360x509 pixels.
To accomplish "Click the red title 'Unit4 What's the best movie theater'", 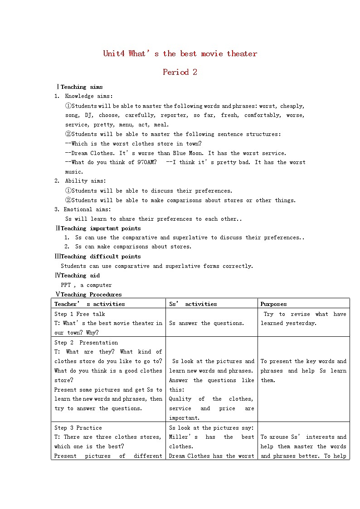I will click(x=180, y=53).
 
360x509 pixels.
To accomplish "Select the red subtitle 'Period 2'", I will click(x=180, y=72).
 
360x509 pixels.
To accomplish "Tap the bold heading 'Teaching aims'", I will click(x=82, y=87).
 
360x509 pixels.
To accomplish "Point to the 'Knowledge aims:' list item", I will click(x=89, y=96).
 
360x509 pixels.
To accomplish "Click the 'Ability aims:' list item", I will click(x=85, y=181).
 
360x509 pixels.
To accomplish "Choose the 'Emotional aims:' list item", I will click(x=87, y=209).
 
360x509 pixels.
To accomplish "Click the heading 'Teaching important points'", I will click(x=101, y=228).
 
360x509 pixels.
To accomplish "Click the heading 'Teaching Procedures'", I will click(x=91, y=295).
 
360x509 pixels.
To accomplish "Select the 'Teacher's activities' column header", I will click(x=89, y=304).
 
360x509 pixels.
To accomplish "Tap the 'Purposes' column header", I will click(x=273, y=304).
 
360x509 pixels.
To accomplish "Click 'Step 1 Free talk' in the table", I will click(x=79, y=314).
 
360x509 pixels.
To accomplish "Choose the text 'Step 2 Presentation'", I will click(x=86, y=343).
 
